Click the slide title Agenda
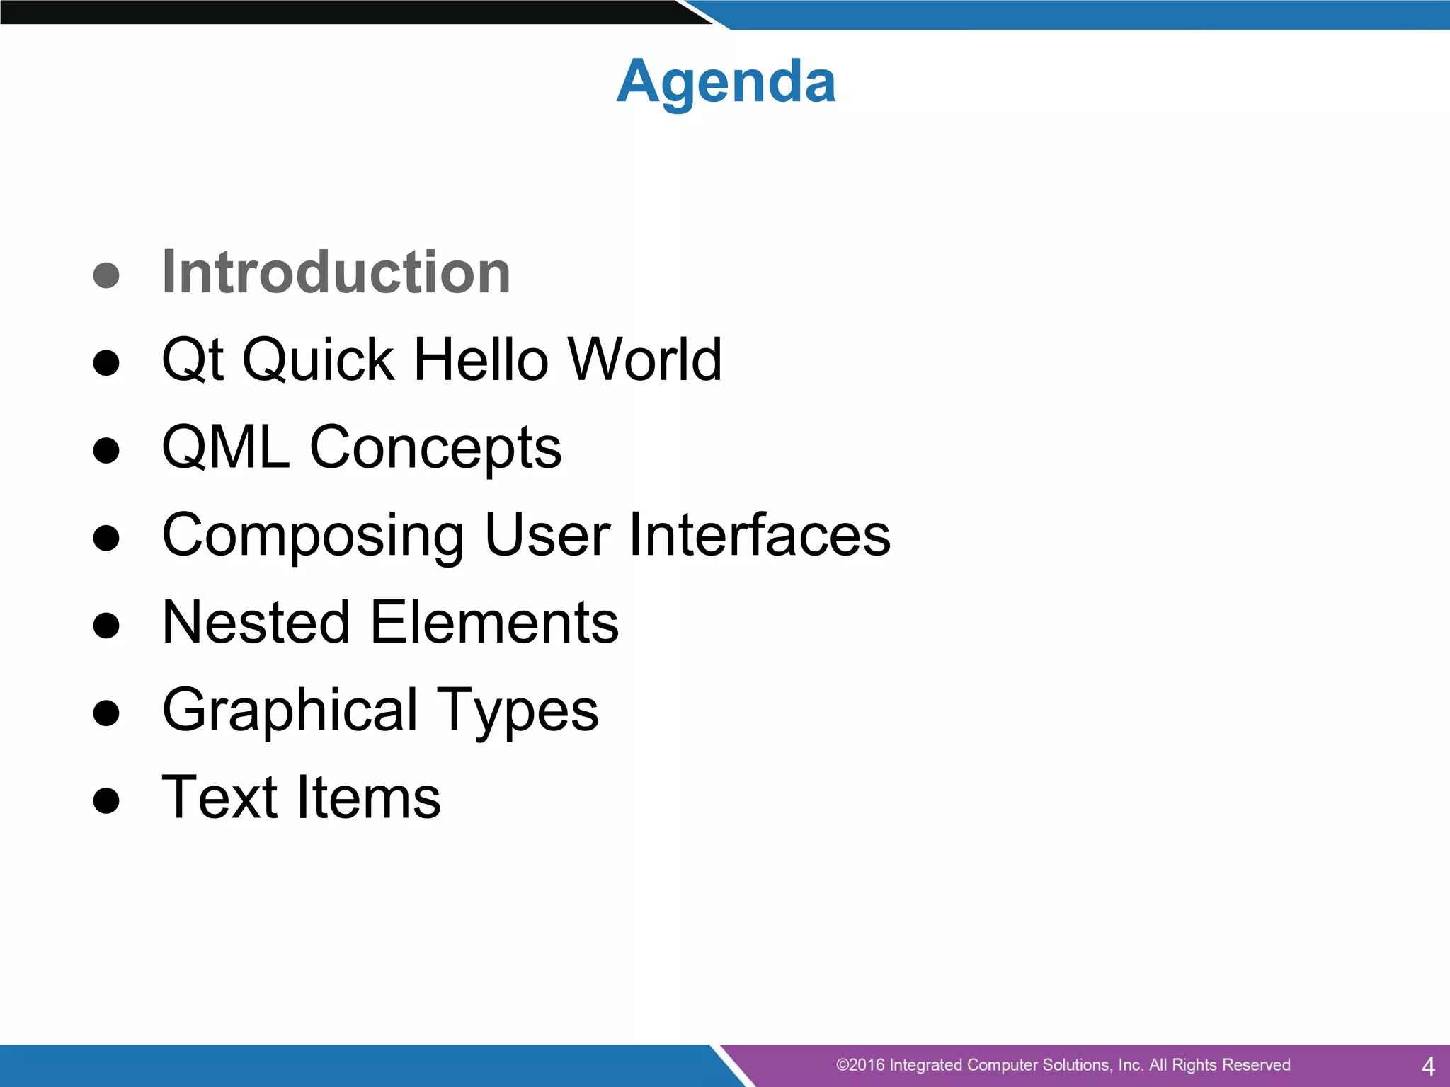coord(726,82)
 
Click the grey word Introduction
coord(336,272)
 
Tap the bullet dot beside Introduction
coord(106,275)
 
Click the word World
coord(645,360)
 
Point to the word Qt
coord(193,360)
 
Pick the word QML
coord(226,447)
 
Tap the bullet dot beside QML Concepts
coord(106,450)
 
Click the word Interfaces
coord(759,535)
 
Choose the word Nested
coord(256,622)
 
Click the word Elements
coord(494,622)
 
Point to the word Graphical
coord(290,711)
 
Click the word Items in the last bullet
coord(368,798)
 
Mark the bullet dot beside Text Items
coord(106,800)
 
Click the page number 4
coord(1428,1066)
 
